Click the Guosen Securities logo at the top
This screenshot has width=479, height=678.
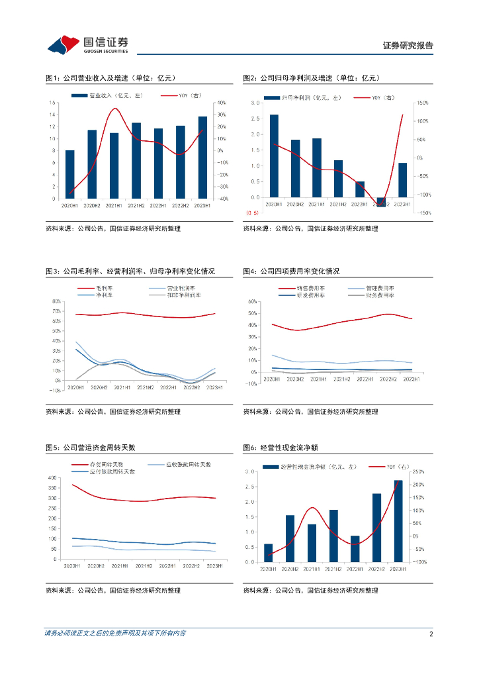pos(87,44)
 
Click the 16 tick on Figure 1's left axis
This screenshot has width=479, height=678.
pos(53,103)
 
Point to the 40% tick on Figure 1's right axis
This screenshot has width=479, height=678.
pos(221,103)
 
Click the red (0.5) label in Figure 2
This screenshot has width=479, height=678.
pos(252,213)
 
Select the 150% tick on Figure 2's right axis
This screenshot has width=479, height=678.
pos(423,103)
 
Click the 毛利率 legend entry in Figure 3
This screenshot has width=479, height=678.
pos(106,288)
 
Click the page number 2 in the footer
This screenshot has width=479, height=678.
pos(431,634)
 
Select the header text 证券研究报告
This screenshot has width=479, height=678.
pos(408,46)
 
